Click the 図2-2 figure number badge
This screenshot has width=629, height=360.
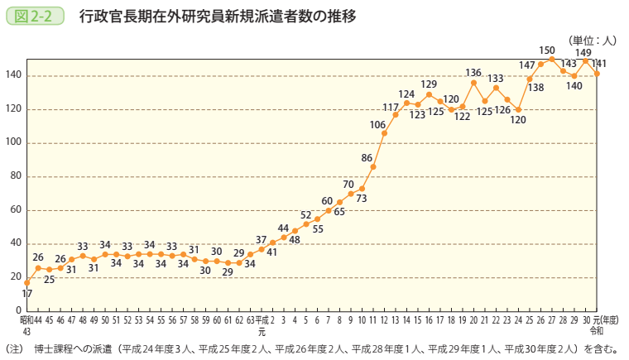35,16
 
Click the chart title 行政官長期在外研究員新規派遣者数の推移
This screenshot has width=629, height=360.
218,16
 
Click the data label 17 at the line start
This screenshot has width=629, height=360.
26,294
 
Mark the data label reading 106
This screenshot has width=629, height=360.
377,125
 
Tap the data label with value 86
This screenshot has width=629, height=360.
367,157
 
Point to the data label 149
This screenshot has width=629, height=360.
583,52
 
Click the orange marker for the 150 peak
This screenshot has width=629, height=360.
551,59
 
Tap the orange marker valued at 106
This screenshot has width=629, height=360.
384,133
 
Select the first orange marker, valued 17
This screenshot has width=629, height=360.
26,282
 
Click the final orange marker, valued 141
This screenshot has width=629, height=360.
597,74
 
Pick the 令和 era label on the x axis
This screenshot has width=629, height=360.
597,329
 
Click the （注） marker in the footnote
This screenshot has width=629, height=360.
15,348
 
